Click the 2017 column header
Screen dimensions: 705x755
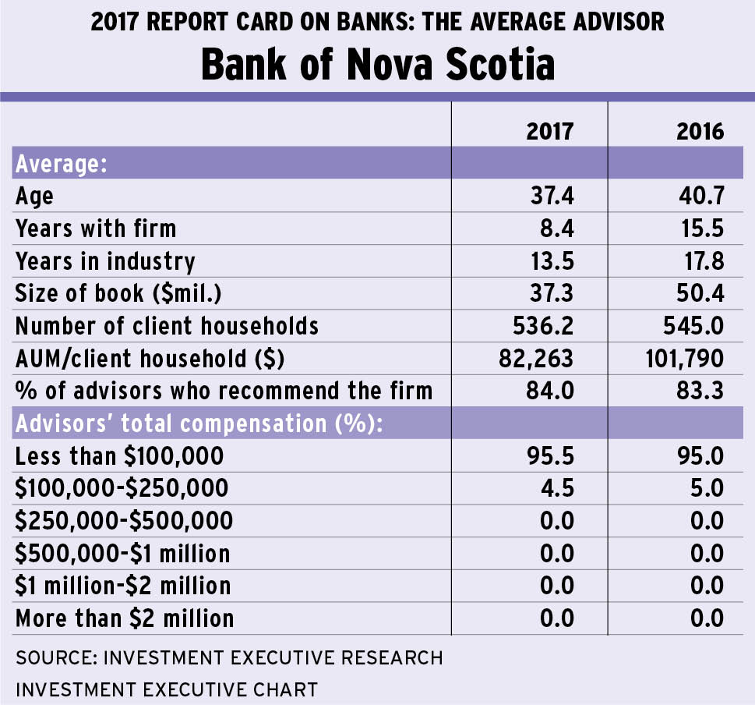pos(550,130)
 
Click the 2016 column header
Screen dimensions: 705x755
pos(700,130)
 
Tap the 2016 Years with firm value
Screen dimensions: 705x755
pos(701,228)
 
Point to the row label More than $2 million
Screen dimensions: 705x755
pos(125,618)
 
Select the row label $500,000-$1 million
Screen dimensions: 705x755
pos(123,554)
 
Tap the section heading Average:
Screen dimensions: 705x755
pos(61,165)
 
